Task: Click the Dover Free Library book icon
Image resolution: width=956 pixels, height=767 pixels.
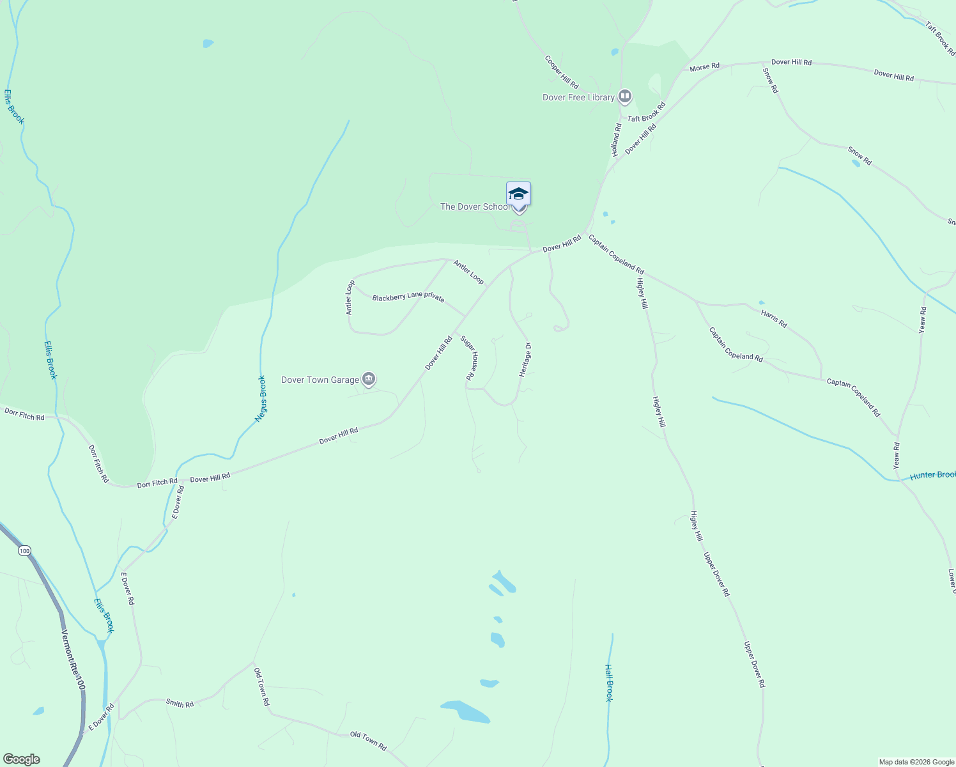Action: (624, 97)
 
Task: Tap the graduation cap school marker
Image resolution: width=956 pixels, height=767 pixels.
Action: (518, 194)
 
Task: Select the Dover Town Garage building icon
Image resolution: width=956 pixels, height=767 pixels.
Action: (368, 380)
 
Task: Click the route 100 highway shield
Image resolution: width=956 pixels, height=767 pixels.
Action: (24, 550)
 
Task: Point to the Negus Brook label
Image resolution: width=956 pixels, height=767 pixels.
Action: (261, 398)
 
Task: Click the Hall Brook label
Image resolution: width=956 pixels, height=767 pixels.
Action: (609, 683)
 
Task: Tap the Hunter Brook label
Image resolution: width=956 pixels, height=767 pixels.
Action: (932, 475)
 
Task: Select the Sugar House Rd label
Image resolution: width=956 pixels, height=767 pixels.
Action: (470, 359)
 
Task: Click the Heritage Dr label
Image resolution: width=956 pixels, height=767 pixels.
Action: (525, 360)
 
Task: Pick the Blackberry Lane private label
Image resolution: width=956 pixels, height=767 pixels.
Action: (408, 297)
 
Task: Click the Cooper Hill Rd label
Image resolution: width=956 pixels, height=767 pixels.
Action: (562, 72)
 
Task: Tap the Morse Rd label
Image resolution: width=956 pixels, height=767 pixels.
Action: (704, 66)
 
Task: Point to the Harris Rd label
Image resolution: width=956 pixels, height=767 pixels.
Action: (774, 318)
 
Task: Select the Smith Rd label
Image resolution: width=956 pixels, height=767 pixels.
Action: (180, 704)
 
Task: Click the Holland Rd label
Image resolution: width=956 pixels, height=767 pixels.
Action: (616, 140)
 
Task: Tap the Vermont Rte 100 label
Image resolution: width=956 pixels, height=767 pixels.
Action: (72, 659)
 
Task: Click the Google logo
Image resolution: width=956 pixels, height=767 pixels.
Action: (21, 759)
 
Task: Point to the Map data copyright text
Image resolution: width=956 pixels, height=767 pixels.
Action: (915, 762)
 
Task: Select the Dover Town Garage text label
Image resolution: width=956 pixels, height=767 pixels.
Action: (320, 380)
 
